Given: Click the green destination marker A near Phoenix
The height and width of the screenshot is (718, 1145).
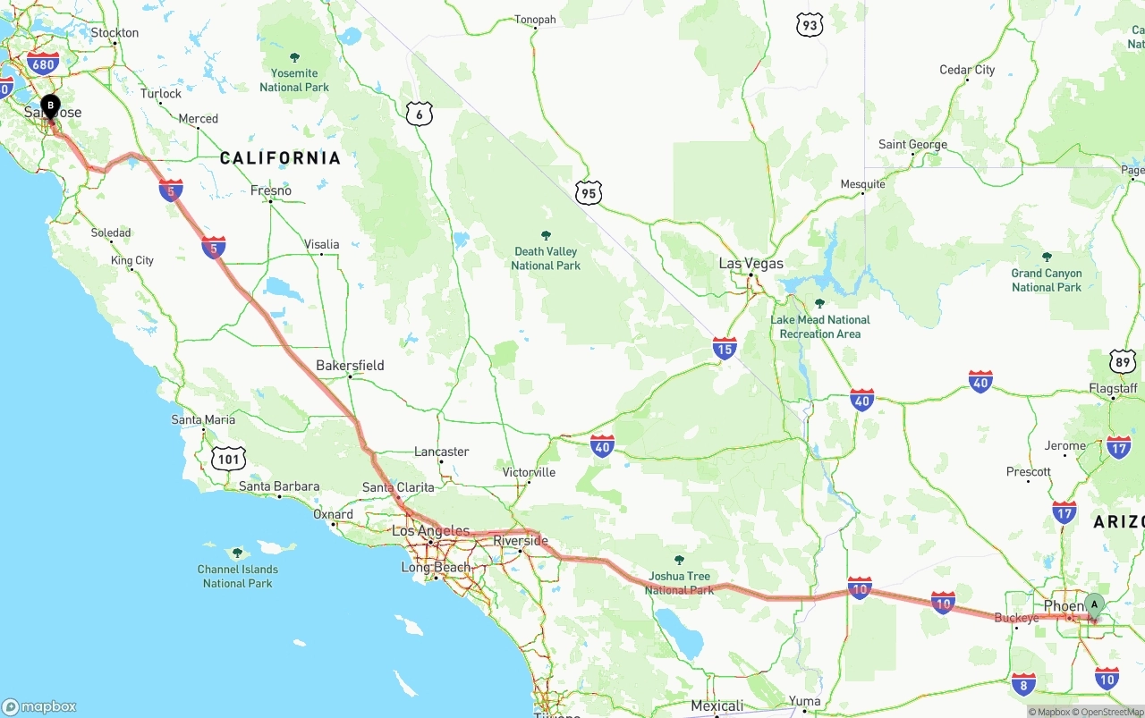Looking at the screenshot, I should [x=1094, y=605].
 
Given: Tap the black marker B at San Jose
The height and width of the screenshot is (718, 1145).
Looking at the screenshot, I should [x=51, y=106].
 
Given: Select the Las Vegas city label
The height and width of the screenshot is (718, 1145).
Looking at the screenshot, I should [x=751, y=264].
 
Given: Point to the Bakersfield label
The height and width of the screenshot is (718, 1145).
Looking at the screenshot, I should [x=350, y=365].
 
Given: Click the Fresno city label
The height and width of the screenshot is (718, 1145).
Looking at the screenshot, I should [x=271, y=190].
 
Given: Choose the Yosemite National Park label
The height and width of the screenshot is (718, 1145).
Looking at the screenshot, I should [x=294, y=80].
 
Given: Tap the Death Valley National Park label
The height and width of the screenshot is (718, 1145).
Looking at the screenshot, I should [x=546, y=258].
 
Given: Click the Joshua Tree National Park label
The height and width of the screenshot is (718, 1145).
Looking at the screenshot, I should [x=679, y=583].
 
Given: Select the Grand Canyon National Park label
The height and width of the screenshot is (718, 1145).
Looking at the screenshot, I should [x=1047, y=280].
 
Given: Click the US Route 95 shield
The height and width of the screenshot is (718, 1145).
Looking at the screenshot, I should [x=589, y=192].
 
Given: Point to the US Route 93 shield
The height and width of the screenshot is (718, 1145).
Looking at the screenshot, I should [x=810, y=25].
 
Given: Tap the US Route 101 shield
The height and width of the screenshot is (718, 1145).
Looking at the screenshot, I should [x=229, y=460].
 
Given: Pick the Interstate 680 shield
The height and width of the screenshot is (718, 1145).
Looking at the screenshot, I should [x=43, y=63].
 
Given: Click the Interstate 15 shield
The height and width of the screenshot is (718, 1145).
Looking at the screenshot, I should [x=725, y=348].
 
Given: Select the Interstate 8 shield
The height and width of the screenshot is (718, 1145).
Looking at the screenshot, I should [x=1024, y=685].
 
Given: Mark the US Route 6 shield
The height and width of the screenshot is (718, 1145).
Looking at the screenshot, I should [x=419, y=114].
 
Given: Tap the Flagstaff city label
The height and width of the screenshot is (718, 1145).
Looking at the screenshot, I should [x=1114, y=388].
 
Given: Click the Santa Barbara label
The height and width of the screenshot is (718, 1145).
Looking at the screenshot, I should [x=279, y=486].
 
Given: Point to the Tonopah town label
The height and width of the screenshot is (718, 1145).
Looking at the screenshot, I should [x=535, y=20].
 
